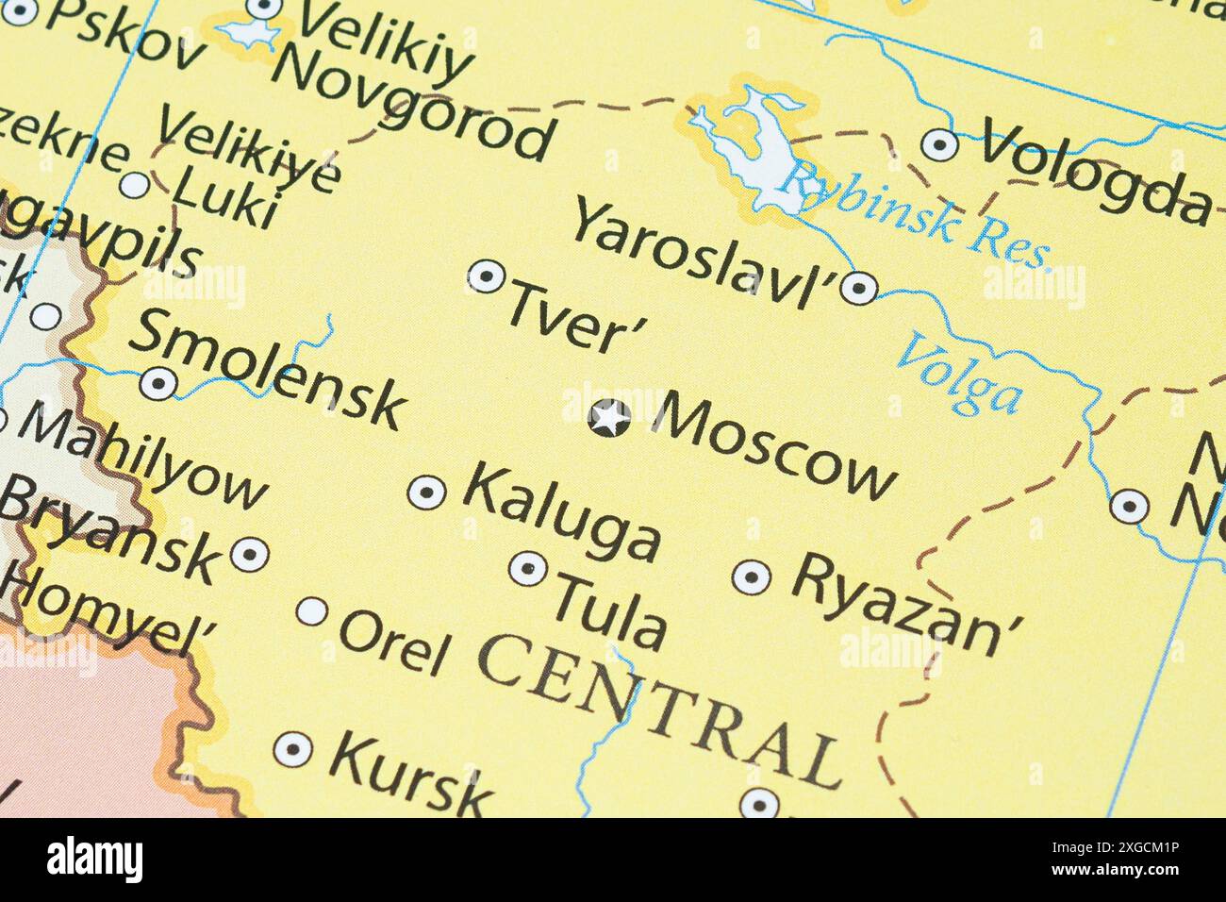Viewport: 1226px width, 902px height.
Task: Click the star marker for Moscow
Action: [609, 418]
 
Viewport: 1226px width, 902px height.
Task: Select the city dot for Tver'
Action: [486, 276]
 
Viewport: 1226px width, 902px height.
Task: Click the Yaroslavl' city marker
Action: [858, 287]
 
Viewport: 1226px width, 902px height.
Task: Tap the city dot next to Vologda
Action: [939, 144]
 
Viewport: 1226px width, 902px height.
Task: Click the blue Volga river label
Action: [958, 375]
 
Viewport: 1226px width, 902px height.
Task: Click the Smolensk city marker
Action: [158, 383]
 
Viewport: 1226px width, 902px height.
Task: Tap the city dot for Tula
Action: [528, 568]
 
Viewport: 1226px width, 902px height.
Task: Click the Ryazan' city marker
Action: [752, 576]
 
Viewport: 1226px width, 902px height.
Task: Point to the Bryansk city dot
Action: [249, 554]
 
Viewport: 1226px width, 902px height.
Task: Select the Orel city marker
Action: [312, 611]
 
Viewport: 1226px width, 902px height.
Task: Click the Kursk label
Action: [410, 770]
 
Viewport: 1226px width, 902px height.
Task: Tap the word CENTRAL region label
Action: [659, 707]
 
